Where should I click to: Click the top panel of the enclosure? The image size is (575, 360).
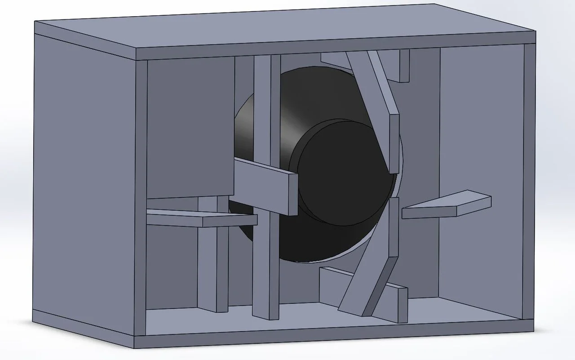[287, 31]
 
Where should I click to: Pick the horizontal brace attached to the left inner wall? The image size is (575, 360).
[202, 219]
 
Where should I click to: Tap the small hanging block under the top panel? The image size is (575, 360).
[403, 65]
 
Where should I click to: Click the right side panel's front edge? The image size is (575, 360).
[529, 180]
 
